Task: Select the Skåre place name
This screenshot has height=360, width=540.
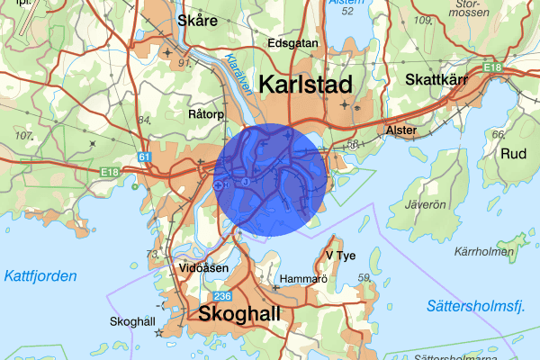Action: tap(198, 20)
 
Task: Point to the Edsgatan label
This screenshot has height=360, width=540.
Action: tap(292, 42)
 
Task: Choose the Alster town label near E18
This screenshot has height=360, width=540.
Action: tap(400, 130)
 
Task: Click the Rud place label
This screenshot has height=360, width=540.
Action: tap(513, 153)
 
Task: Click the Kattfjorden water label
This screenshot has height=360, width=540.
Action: tap(39, 276)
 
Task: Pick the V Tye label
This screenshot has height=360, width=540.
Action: tap(341, 255)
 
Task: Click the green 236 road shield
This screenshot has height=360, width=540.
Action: tap(222, 296)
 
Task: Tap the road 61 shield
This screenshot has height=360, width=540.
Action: tap(145, 157)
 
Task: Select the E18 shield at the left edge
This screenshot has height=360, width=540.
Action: tap(111, 171)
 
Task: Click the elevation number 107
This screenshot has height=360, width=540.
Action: tap(23, 135)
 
